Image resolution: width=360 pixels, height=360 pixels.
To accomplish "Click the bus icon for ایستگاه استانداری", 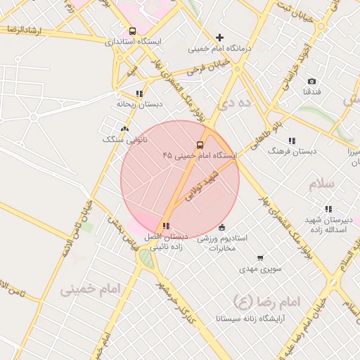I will coord(133,31).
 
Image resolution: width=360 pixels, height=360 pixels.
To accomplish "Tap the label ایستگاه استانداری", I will coord(133,42).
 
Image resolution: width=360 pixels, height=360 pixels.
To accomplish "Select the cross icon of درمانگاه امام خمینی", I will coord(220,37).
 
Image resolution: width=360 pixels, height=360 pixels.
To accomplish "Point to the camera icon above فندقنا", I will coord(312,81).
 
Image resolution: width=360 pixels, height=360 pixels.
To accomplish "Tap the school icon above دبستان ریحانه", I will coord(139,93).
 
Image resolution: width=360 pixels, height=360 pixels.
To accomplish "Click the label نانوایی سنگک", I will coord(122,139).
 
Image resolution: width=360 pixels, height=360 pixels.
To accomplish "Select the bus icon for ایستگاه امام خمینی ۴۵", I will coord(200,145).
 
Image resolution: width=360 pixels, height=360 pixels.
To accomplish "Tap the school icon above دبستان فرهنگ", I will coord(291,141).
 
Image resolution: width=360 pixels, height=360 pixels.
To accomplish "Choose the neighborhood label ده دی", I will coord(234,104).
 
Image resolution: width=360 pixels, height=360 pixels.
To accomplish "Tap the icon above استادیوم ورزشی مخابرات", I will coord(222,227).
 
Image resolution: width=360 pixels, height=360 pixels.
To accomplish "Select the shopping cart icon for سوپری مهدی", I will coord(260,258).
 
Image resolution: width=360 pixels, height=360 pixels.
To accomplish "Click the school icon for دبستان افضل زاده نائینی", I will coord(166,226).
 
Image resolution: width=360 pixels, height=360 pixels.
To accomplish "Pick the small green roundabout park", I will coord(146,259).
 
